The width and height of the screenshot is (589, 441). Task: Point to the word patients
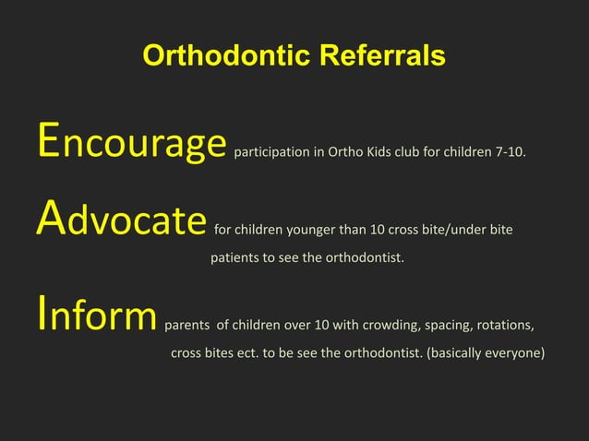point(234,257)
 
